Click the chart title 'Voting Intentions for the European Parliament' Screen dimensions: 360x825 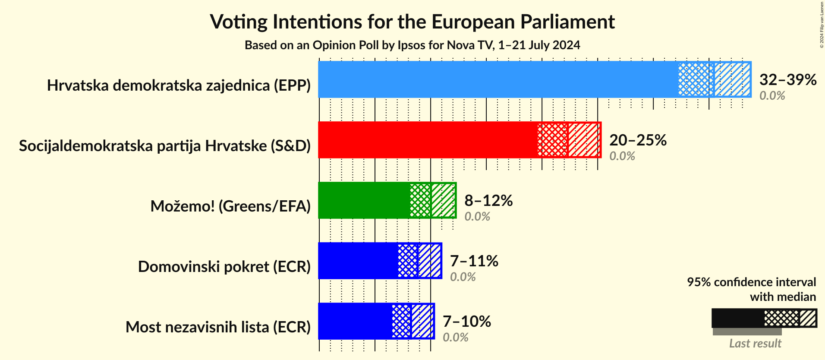tap(412, 22)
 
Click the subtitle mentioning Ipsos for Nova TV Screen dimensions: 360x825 tap(412, 45)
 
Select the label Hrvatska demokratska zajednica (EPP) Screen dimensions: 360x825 tap(179, 85)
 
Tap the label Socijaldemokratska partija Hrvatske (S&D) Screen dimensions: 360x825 tap(165, 146)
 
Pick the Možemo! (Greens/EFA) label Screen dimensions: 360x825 tap(230, 206)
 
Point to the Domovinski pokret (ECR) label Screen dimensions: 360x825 tap(224, 267)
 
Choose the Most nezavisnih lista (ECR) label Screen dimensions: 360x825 tap(218, 327)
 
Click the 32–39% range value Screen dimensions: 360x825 tap(787, 79)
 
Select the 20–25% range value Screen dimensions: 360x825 tap(638, 140)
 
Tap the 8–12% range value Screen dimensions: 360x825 tap(488, 200)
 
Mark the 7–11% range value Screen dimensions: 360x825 tap(474, 261)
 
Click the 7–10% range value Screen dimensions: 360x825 tap(466, 321)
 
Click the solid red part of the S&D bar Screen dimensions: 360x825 tap(427, 140)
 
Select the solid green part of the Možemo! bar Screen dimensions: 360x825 tap(364, 200)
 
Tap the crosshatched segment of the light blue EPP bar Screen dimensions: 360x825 tap(696, 79)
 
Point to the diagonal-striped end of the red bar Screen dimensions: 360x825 tap(584, 140)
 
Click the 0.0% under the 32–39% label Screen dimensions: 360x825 tap(772, 96)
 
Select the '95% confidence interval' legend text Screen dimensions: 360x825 tap(751, 282)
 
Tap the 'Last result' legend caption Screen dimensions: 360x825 tap(755, 344)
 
